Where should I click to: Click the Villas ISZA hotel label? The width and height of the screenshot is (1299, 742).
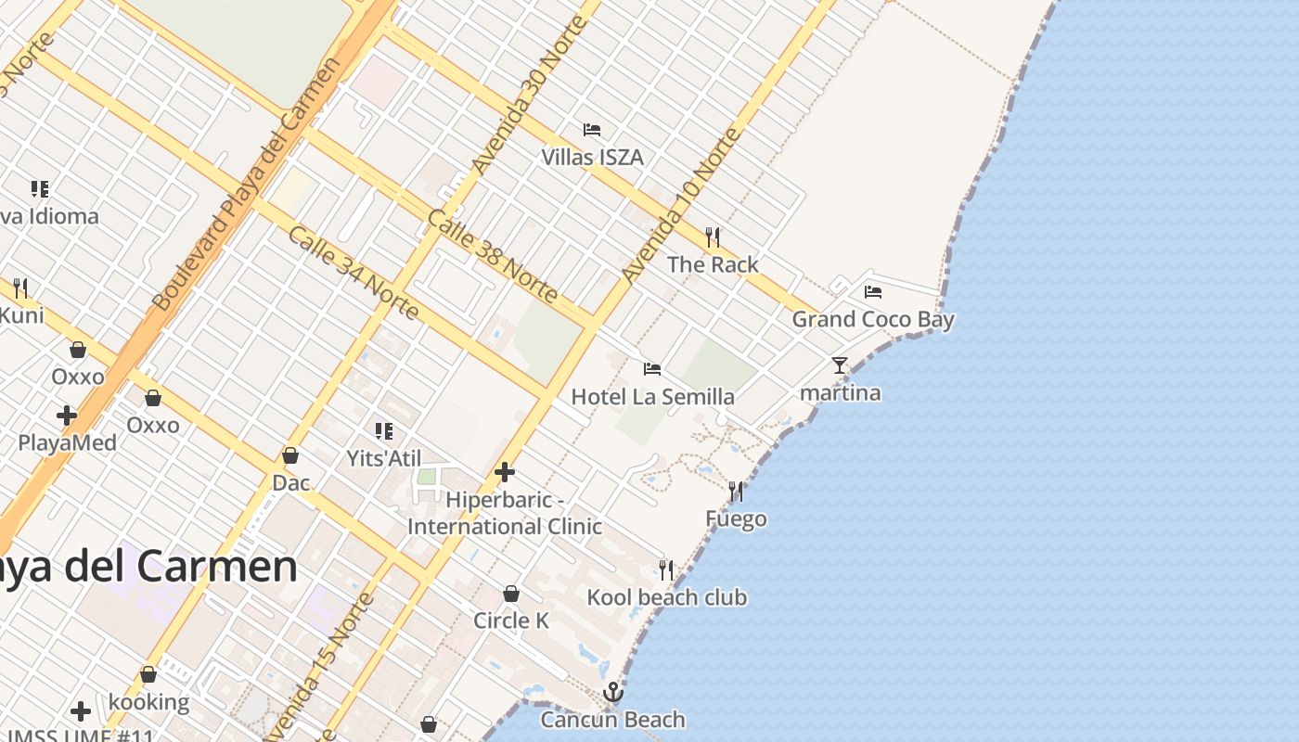(x=592, y=157)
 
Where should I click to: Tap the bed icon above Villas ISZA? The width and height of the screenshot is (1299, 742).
(x=592, y=130)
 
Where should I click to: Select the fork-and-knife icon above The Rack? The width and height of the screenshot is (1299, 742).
(x=713, y=237)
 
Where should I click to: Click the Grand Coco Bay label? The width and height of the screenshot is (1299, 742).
(x=872, y=320)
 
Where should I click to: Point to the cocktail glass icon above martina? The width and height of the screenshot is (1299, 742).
(x=840, y=365)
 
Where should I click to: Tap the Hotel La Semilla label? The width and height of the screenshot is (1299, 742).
(x=652, y=397)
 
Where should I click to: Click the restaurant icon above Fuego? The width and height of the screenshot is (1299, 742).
(x=736, y=492)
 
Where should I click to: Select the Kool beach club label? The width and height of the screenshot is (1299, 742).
(x=666, y=597)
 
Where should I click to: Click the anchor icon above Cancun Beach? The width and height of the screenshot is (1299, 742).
(x=612, y=692)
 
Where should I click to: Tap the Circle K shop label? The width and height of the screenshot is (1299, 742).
(x=511, y=620)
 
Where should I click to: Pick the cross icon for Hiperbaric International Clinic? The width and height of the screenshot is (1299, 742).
(x=505, y=473)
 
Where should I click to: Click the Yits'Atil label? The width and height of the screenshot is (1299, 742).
(x=383, y=458)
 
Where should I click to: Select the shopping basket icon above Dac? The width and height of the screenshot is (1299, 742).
(x=290, y=455)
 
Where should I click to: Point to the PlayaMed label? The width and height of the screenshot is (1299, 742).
(x=68, y=442)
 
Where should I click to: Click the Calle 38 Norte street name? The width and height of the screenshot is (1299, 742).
(x=492, y=256)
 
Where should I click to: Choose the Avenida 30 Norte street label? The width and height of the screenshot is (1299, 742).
(x=529, y=95)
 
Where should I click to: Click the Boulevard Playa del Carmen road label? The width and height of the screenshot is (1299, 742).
(x=247, y=184)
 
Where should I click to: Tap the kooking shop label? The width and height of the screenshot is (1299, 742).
(x=148, y=702)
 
